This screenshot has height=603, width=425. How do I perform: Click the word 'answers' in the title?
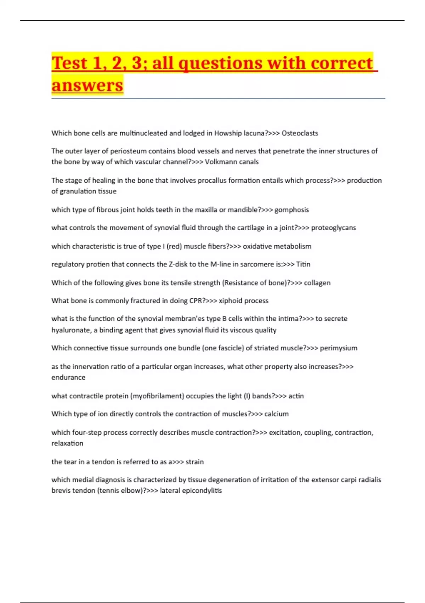[x=87, y=85]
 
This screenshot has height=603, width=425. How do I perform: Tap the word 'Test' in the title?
[x=69, y=63]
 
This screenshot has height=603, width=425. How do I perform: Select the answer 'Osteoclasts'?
[x=300, y=133]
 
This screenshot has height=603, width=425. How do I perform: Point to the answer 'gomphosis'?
[x=291, y=210]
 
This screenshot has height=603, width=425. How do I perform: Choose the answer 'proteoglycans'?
[x=333, y=228]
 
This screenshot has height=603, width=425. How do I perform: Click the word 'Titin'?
[x=303, y=264]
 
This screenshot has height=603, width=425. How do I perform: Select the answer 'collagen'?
[x=317, y=283]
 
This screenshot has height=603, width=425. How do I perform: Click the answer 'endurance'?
[x=68, y=377]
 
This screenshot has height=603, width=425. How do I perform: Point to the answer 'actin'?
[x=296, y=396]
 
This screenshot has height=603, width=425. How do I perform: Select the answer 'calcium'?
[x=276, y=414]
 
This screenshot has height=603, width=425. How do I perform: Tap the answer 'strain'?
[x=194, y=462]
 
